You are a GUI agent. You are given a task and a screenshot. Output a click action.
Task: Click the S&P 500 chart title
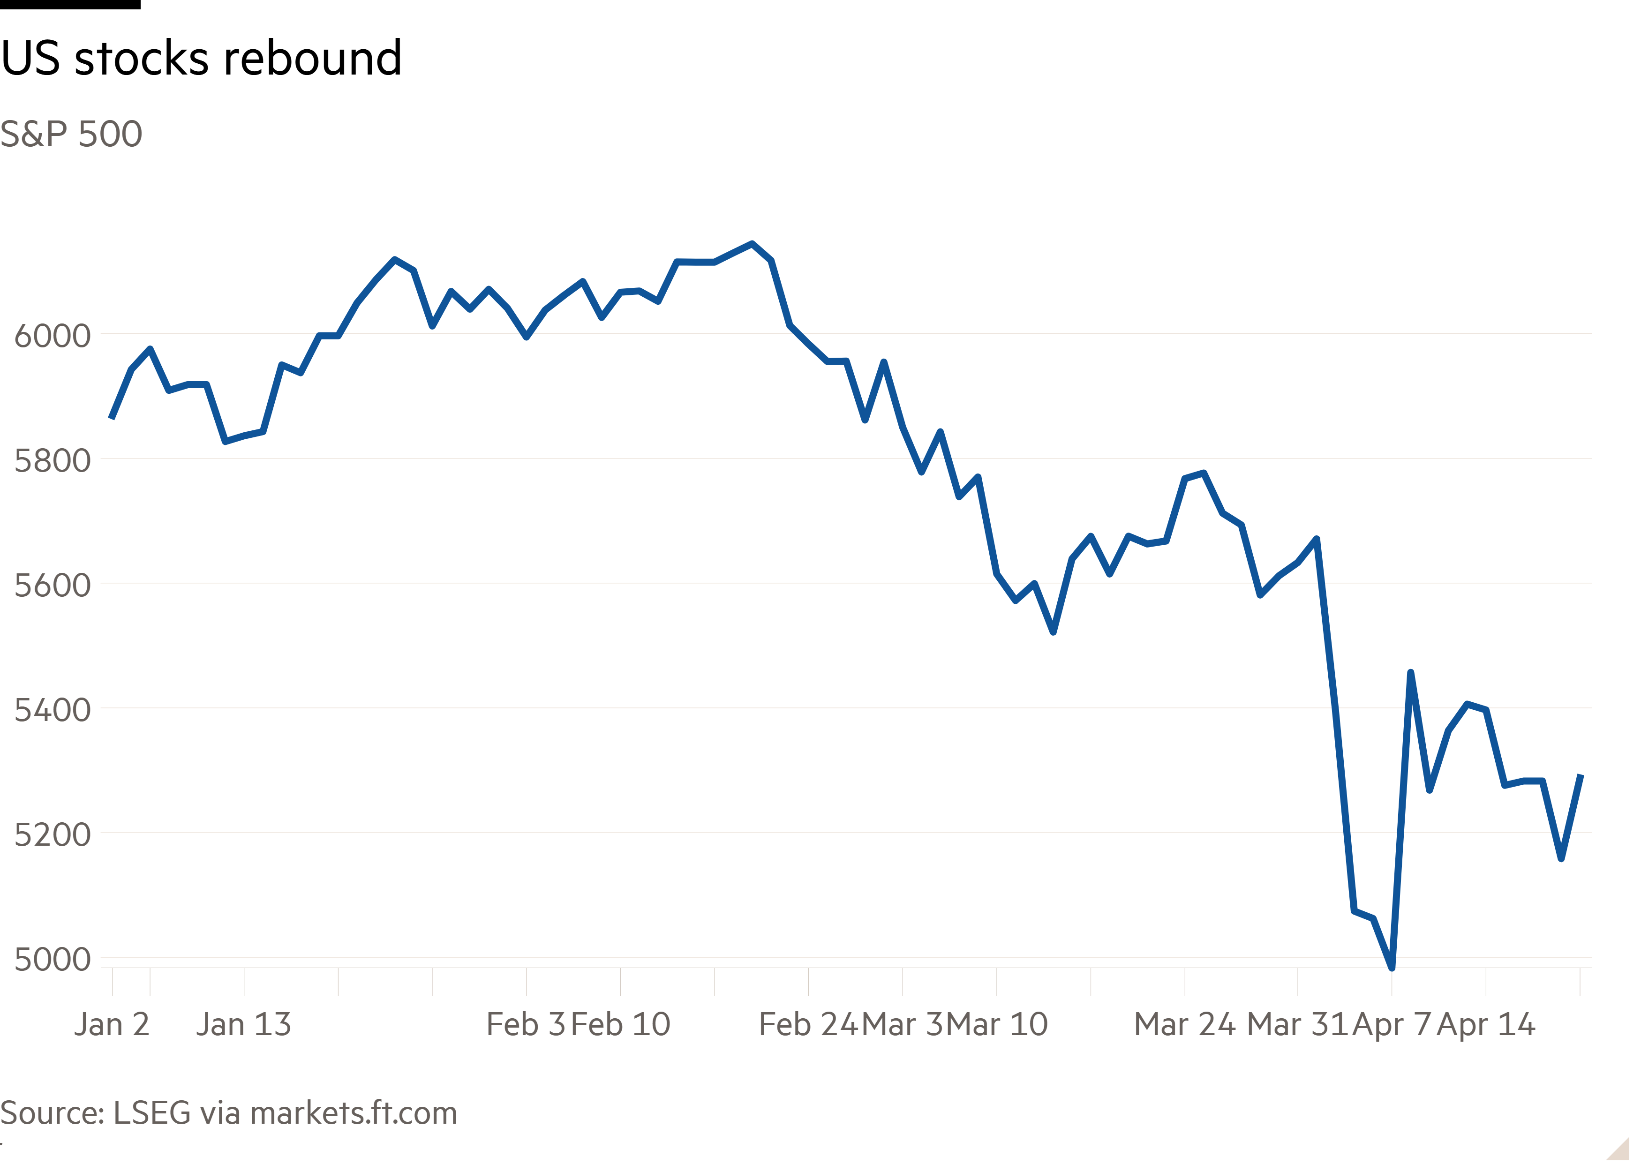tap(71, 134)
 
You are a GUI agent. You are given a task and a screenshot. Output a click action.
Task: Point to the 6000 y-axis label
tap(53, 336)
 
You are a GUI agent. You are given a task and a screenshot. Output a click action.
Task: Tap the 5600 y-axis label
tap(53, 585)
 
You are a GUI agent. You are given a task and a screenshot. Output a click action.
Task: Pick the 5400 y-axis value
tap(53, 710)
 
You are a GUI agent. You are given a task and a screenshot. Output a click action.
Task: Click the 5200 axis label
tap(53, 835)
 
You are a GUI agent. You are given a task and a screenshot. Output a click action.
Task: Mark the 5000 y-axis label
tap(53, 960)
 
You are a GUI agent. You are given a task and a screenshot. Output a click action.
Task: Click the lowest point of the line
tap(1391, 968)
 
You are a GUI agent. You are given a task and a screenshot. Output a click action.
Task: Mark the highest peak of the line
tap(752, 244)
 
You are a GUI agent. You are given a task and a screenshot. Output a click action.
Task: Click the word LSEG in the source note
tap(152, 1113)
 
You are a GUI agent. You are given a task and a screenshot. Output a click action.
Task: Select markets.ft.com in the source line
tap(354, 1113)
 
